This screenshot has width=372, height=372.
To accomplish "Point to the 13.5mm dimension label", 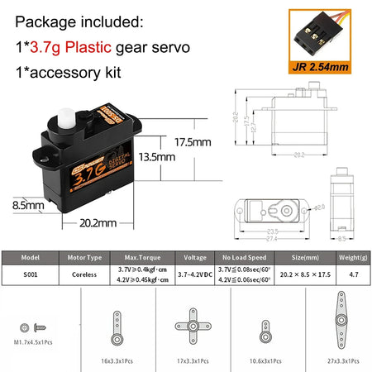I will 155,155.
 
